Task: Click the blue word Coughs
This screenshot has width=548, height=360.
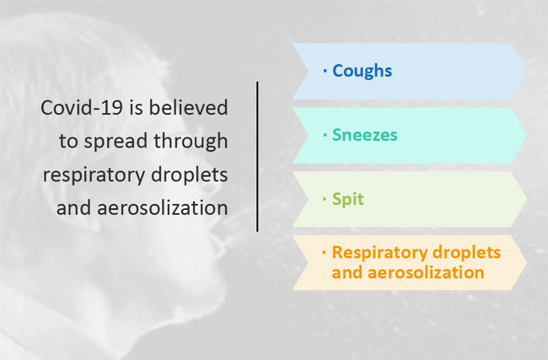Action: tap(362, 72)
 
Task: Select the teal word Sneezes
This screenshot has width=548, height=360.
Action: tap(364, 135)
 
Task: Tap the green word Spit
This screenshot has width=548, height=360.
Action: tap(347, 200)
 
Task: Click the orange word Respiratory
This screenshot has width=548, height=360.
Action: tap(376, 253)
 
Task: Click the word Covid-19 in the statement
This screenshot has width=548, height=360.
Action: tap(82, 107)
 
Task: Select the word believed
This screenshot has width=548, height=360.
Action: tap(189, 107)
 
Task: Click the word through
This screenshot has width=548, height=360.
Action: tap(191, 141)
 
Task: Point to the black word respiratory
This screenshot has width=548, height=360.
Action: tap(94, 175)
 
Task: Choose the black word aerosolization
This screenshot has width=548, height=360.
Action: tap(163, 208)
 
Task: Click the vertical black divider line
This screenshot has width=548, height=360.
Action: tap(258, 157)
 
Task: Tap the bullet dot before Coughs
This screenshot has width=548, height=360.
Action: tap(325, 71)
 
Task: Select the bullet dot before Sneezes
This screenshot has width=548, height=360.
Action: tap(325, 135)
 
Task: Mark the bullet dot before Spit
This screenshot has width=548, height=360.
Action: tap(325, 199)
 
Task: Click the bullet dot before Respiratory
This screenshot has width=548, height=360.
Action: tap(325, 252)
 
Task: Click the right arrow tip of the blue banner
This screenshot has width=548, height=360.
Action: tap(526, 71)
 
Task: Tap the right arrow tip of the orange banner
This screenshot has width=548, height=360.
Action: tap(526, 262)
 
